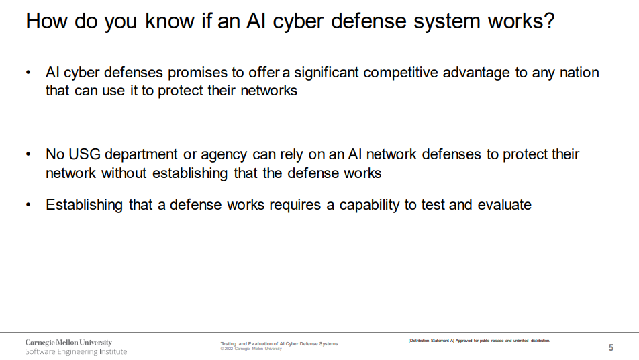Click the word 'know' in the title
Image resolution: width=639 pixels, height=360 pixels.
point(170,21)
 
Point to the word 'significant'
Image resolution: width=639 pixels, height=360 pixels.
point(326,73)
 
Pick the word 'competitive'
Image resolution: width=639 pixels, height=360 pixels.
point(400,73)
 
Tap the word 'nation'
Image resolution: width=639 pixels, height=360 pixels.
point(579,73)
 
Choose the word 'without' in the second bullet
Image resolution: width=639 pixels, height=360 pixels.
point(124,173)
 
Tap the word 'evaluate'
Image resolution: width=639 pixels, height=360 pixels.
point(504,205)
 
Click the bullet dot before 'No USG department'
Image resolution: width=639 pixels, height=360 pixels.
point(28,154)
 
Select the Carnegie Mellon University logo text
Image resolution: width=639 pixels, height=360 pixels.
point(68,343)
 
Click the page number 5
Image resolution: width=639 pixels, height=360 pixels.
point(611,347)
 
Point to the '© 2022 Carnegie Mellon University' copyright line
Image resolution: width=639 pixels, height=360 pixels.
point(251,349)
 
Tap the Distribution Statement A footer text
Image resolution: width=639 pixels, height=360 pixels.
point(479,341)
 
